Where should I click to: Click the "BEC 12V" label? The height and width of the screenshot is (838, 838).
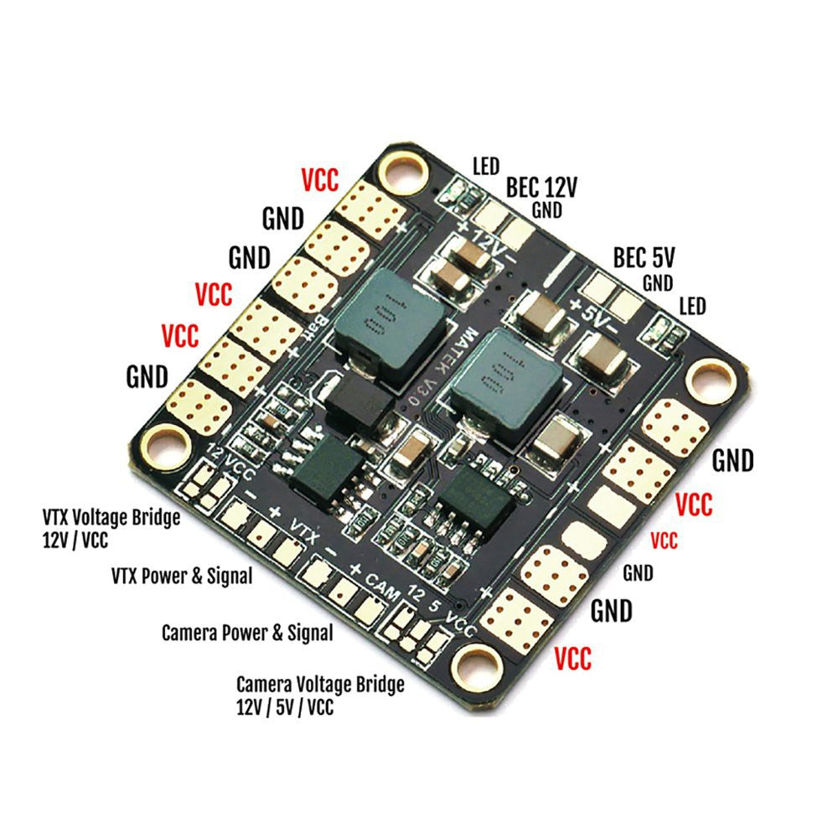pyautogui.click(x=541, y=186)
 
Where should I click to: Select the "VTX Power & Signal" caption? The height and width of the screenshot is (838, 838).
pyautogui.click(x=181, y=577)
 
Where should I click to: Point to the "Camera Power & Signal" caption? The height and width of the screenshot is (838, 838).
pyautogui.click(x=247, y=632)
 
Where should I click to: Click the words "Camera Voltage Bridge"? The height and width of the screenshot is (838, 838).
pyautogui.click(x=320, y=685)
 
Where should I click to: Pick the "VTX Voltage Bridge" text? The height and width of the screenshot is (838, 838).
pyautogui.click(x=111, y=517)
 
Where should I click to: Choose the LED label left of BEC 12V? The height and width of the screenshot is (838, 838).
pyautogui.click(x=486, y=165)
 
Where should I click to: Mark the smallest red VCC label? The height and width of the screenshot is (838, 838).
pyautogui.click(x=664, y=541)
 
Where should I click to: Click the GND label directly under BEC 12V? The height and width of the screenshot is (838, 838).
pyautogui.click(x=546, y=210)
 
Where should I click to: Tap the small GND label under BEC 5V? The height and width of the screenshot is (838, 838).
pyautogui.click(x=657, y=283)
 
